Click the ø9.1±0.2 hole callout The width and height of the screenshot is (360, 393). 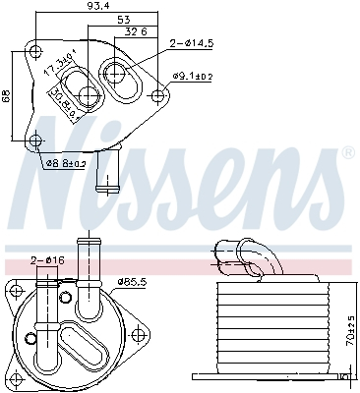click(x=193, y=76)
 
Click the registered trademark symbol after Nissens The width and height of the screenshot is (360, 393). click(x=347, y=153)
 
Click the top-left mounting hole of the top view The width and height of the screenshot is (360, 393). click(x=35, y=51)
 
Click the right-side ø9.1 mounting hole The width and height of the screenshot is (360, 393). click(x=159, y=95)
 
